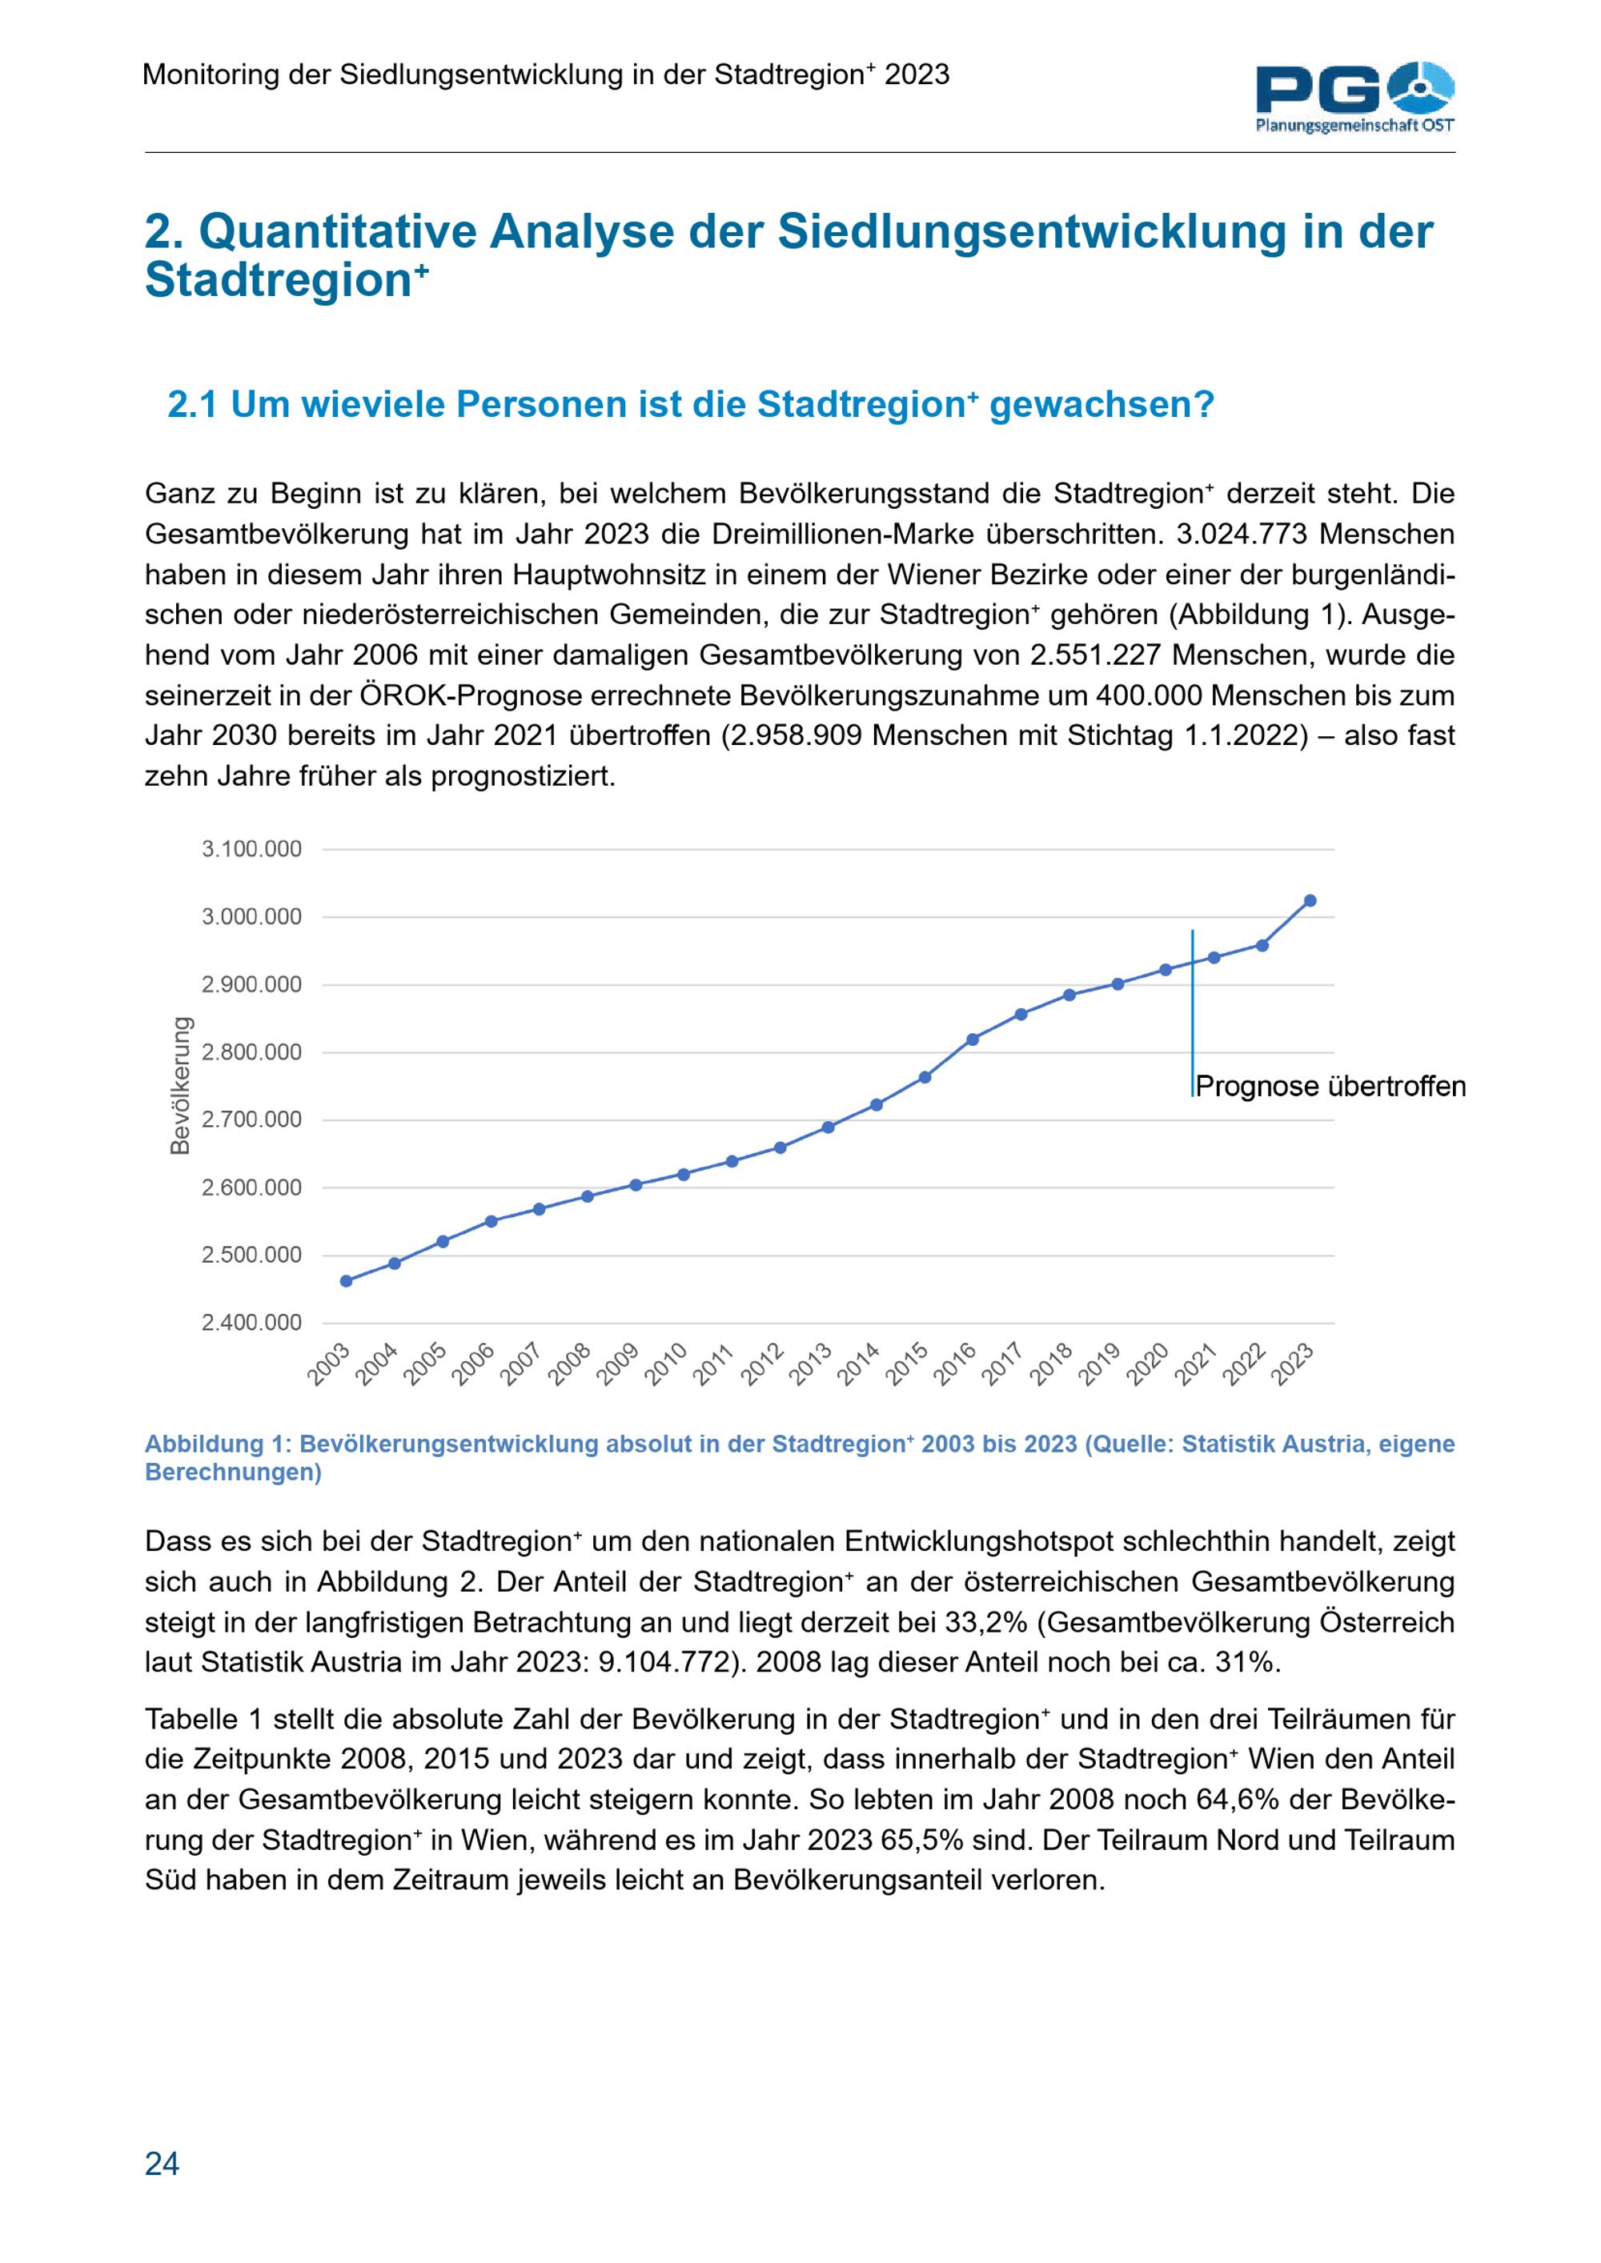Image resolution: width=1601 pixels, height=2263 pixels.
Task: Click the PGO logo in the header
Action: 1355,97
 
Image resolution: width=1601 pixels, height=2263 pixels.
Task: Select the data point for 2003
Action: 346,1280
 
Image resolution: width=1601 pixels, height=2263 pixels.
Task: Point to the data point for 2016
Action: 973,1039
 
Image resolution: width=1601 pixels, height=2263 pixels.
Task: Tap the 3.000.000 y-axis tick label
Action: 251,916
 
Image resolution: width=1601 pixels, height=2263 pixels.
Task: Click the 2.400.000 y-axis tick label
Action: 251,1322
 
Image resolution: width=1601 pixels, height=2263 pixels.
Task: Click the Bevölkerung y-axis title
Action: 179,1085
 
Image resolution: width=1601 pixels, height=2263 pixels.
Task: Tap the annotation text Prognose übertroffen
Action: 1331,1086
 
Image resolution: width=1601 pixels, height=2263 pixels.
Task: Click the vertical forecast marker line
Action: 1193,1013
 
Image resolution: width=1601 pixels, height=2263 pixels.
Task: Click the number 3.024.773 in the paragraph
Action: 1242,535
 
